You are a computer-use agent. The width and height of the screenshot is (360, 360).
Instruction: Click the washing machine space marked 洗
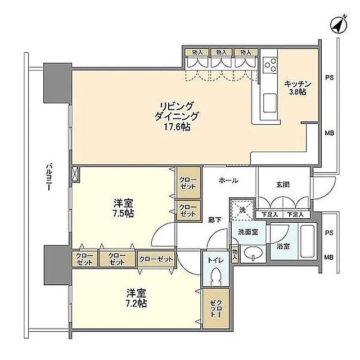242,209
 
